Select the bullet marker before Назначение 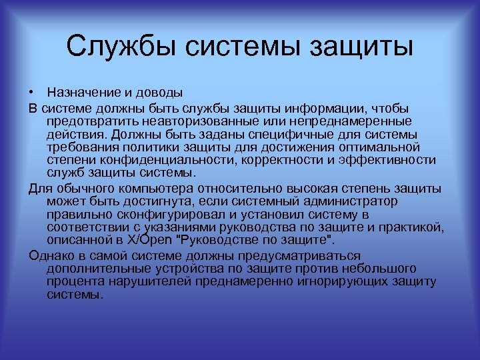[31, 92]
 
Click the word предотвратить [89, 120]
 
